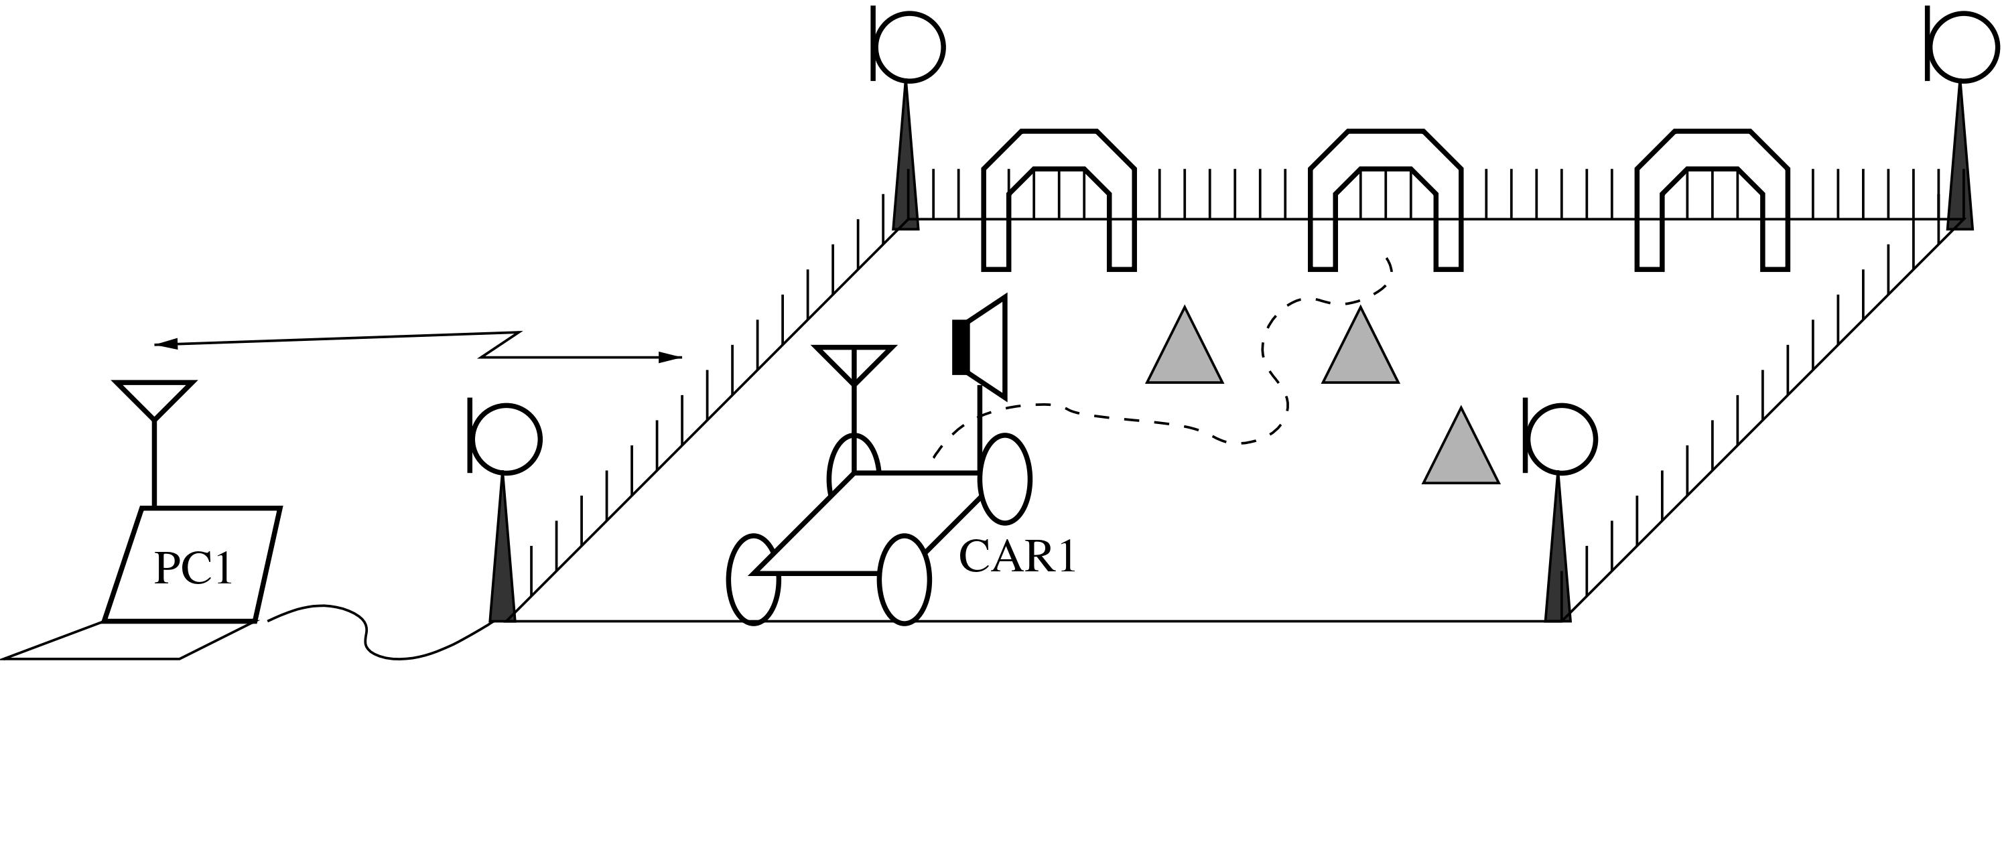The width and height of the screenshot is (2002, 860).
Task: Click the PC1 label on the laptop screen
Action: click(194, 568)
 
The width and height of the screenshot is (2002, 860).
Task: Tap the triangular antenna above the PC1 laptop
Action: click(154, 399)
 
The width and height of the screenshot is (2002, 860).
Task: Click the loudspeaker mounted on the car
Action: click(980, 346)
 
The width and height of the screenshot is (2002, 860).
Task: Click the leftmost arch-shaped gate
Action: click(1059, 200)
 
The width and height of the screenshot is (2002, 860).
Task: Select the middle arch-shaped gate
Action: click(1386, 200)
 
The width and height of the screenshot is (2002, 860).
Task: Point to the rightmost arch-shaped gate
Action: click(1712, 200)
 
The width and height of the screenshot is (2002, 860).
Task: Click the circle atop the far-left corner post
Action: click(909, 47)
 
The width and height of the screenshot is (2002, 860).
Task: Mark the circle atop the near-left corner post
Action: click(506, 439)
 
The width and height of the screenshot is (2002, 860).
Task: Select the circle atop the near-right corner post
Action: click(1561, 439)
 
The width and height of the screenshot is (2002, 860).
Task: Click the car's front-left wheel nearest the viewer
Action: click(753, 579)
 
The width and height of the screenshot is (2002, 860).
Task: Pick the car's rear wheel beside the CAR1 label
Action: click(1005, 478)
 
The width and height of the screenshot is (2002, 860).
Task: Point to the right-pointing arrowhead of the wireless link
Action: click(670, 358)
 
